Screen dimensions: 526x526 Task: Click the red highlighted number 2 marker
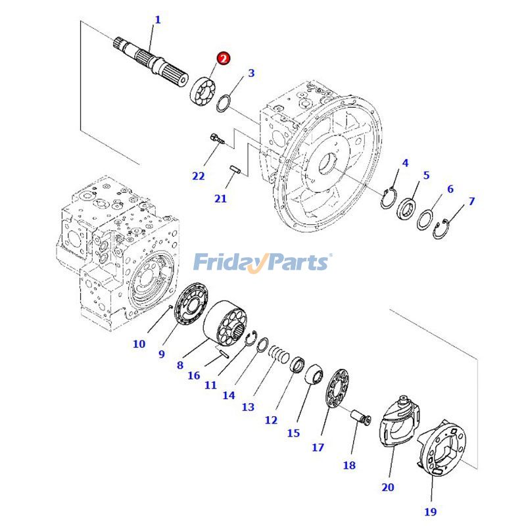click(224, 59)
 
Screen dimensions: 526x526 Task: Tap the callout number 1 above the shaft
click(157, 20)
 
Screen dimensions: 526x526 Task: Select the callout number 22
click(199, 176)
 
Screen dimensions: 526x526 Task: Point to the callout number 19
click(430, 511)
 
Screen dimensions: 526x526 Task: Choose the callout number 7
click(471, 201)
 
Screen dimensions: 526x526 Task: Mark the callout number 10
click(139, 343)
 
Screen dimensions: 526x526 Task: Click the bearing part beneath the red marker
click(203, 89)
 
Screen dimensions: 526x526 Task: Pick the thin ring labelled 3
click(223, 103)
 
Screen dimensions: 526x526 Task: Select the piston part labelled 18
click(362, 418)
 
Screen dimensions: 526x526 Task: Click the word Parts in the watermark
click(297, 262)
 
